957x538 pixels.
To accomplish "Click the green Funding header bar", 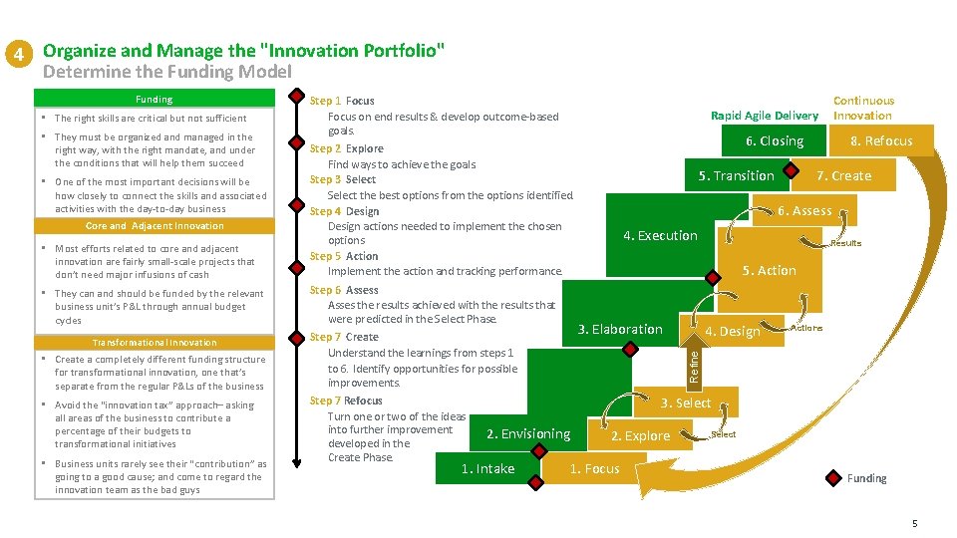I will coord(155,99).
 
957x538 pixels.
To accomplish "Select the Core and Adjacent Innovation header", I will coord(155,226).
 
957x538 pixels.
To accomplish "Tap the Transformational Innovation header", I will coord(155,342).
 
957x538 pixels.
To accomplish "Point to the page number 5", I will coord(913,524).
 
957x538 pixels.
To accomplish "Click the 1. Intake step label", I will coord(487,469).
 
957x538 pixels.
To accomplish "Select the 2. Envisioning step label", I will coord(527,433).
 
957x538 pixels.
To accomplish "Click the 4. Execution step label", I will coord(660,235).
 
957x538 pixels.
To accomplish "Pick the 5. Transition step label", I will coord(736,175).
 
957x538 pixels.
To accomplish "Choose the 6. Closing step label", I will coord(776,140).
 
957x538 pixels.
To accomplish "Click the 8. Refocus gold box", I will coord(880,140).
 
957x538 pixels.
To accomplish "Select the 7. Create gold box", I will coord(843,175).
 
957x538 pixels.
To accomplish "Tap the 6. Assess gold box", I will coord(804,210).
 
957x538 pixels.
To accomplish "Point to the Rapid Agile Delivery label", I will coord(764,116).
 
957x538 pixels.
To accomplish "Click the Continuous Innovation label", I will coord(863,108).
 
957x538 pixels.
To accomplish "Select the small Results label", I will coord(845,243).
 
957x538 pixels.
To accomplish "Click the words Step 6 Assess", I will coord(344,290).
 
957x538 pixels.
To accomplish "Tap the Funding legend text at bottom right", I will coord(866,478).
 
